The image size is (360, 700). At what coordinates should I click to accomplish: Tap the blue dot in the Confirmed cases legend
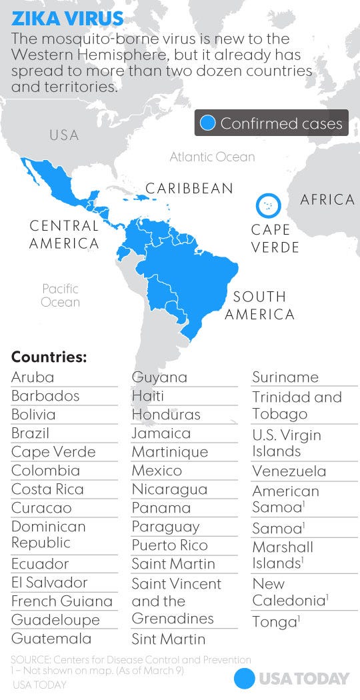[208, 123]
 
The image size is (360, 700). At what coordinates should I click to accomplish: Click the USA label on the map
[64, 135]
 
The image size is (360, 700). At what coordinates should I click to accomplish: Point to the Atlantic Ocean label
[212, 157]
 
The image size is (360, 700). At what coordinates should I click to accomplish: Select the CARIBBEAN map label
[189, 189]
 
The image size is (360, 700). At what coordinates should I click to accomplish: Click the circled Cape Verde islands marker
[268, 205]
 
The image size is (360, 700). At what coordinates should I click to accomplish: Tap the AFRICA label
[327, 200]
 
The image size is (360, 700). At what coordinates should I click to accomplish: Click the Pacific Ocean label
[61, 295]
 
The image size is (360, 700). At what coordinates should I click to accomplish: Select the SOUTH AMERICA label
[259, 305]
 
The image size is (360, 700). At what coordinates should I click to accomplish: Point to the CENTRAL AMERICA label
[64, 235]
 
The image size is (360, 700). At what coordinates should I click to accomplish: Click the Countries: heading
[49, 357]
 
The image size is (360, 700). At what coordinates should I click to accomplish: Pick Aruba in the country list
[33, 377]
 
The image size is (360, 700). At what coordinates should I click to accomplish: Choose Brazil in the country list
[30, 433]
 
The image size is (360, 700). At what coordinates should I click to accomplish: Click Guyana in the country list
[159, 377]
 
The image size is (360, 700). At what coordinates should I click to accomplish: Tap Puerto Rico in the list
[169, 545]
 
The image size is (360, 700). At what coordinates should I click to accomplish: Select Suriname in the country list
[285, 377]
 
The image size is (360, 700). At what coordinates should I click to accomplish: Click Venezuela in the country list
[289, 471]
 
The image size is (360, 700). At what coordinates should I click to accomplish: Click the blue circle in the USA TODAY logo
[245, 679]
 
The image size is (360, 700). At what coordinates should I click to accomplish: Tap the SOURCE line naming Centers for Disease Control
[131, 660]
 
